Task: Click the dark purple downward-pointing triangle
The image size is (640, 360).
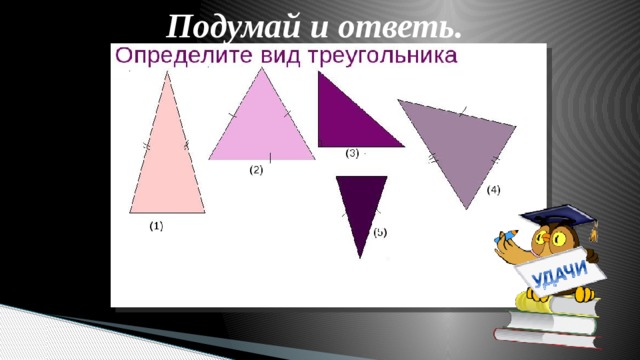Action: click(361, 205)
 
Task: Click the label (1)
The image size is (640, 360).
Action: click(157, 227)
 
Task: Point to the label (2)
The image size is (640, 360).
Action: click(256, 170)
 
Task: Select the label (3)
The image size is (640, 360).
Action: click(353, 153)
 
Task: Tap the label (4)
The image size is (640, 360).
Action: click(494, 190)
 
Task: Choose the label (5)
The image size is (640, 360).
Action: click(380, 232)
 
